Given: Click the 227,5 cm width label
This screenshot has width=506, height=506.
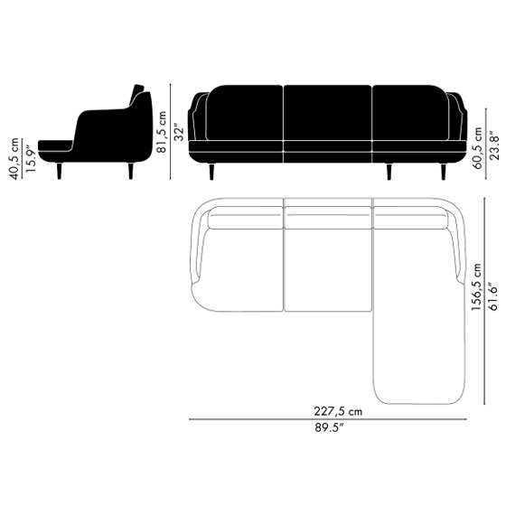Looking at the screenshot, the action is pos(338,411).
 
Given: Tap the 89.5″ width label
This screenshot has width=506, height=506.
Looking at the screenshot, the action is pos(329,428).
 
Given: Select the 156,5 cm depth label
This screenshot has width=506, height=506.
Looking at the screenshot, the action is pos(476,287).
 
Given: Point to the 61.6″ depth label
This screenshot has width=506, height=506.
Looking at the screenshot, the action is pos(493,296).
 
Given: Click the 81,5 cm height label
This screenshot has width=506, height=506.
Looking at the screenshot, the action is pos(161,132).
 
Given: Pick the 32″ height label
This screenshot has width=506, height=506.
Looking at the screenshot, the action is pos(178,131).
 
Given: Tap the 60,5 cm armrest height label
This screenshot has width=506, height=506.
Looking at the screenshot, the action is pos(477,148).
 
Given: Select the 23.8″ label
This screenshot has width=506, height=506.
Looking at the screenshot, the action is pos(493,145).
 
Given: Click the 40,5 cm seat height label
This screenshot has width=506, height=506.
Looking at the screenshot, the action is pos(14,158).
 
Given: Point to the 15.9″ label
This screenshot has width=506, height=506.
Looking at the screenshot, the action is pos(31,158).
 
